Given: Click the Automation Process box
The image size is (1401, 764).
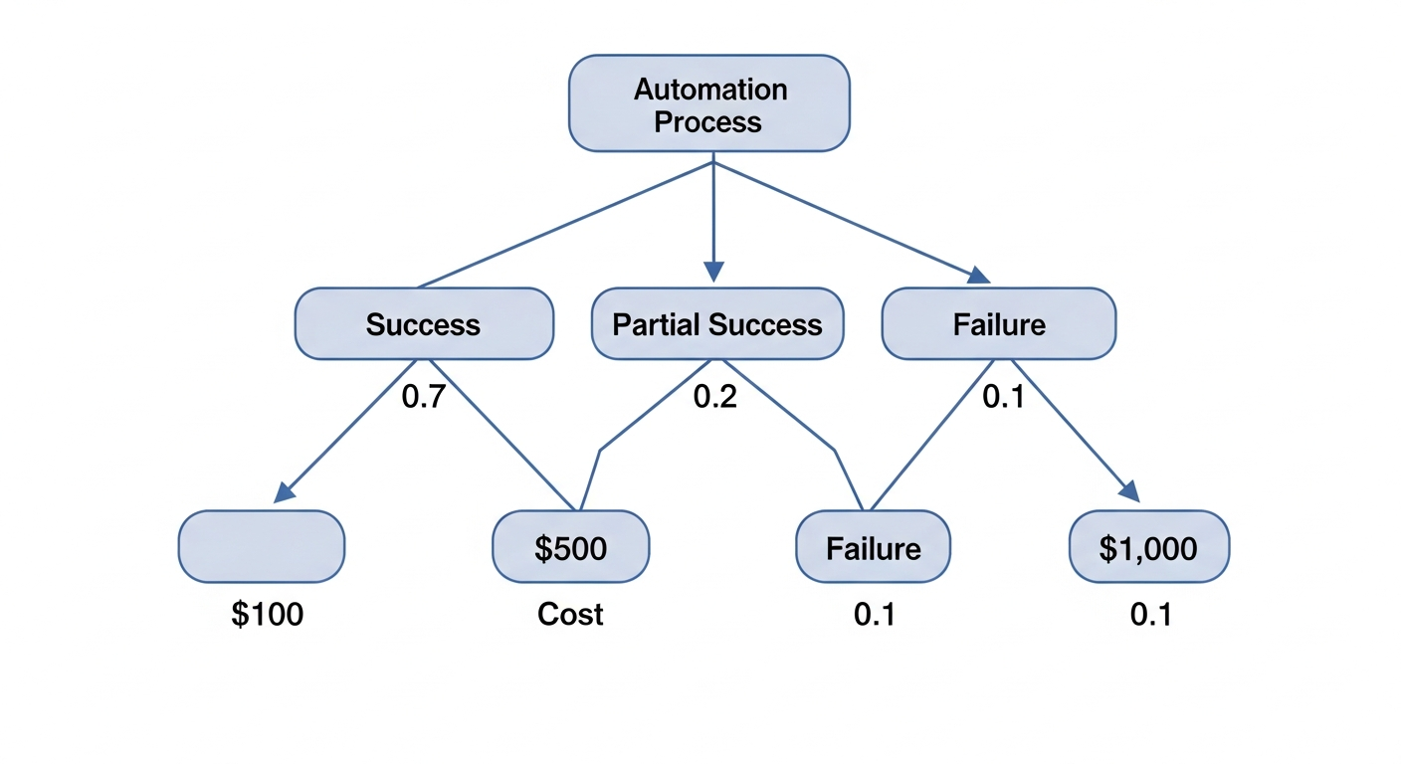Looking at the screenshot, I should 708,103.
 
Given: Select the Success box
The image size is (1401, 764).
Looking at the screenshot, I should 424,324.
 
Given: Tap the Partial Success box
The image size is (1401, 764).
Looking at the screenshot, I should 716,324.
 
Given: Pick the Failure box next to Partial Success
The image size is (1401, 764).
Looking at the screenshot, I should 999,324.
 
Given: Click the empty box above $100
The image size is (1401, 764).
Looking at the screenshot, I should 262,546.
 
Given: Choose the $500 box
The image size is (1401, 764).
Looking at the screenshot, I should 570,547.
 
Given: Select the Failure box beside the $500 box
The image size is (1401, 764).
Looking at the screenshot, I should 873,547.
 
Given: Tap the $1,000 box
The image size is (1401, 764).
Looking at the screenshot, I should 1148,547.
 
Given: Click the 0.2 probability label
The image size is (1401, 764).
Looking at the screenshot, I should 715,397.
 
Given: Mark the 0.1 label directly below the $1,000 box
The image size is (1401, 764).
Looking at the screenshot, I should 1150,615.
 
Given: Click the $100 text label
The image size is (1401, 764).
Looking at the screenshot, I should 267,615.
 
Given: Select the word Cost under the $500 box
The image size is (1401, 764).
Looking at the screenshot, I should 570,615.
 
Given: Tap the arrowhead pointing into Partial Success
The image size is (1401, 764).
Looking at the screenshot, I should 713,272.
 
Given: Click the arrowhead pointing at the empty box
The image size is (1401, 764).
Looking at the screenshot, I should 285,491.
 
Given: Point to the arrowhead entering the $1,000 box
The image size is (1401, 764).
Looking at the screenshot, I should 1128,490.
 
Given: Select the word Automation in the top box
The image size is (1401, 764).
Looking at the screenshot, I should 710,90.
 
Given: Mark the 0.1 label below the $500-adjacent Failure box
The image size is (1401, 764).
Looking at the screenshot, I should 874,615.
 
